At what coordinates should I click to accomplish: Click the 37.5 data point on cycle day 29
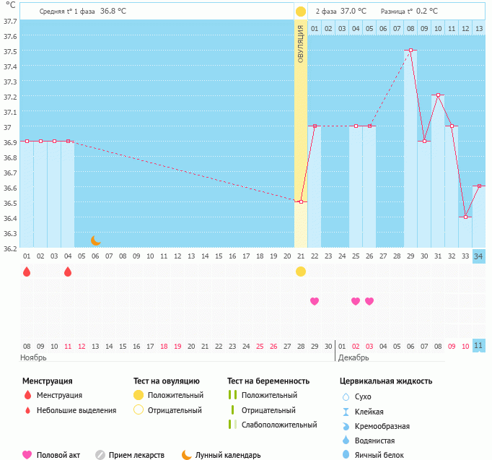[411, 51]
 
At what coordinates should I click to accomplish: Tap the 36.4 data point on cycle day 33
[466, 217]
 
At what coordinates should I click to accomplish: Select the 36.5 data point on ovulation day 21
[301, 201]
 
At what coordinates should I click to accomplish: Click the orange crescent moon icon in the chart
[95, 240]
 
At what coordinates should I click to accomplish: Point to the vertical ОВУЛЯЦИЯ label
[301, 43]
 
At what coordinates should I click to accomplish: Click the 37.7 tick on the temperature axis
[9, 21]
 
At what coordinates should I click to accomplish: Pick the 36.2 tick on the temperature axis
[9, 249]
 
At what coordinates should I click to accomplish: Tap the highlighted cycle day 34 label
[479, 256]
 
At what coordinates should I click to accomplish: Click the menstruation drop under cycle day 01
[27, 272]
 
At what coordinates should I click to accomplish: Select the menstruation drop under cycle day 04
[68, 272]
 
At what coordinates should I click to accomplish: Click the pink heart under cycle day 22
[315, 301]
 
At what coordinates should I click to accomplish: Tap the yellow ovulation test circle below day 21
[301, 272]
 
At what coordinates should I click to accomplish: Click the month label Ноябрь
[33, 357]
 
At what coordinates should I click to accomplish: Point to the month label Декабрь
[353, 357]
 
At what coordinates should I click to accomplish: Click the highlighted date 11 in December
[479, 346]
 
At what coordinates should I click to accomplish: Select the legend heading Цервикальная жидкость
[386, 381]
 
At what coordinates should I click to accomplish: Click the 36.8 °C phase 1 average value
[113, 12]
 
